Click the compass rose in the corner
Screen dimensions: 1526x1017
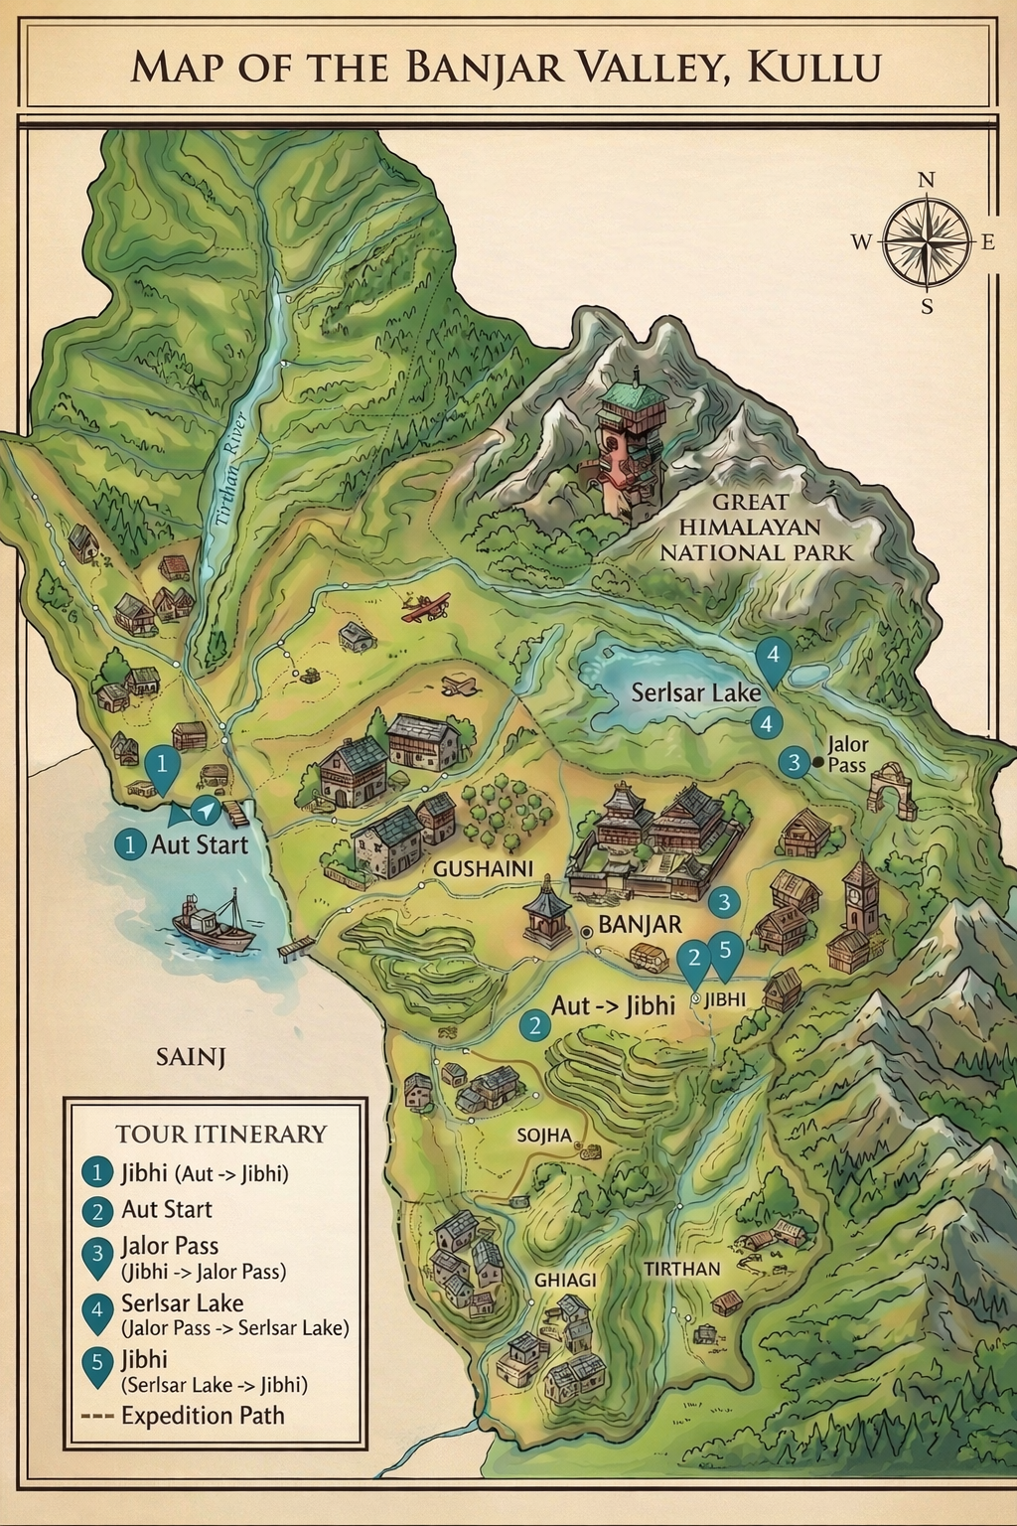tap(926, 241)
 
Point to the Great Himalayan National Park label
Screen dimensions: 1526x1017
tap(758, 528)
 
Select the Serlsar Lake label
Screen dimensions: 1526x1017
tap(696, 692)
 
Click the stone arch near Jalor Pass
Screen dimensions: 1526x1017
tap(891, 791)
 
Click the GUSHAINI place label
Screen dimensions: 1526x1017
tap(483, 868)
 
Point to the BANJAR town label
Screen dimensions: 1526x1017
tap(641, 925)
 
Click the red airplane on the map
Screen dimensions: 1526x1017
tap(426, 605)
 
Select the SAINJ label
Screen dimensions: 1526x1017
tap(191, 1057)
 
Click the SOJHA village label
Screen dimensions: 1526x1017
tap(543, 1135)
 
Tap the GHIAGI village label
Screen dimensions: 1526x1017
tap(565, 1280)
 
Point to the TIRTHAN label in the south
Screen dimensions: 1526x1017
tap(681, 1269)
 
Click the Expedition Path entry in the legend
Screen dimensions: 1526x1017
tap(202, 1416)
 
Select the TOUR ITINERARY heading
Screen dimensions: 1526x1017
tap(220, 1134)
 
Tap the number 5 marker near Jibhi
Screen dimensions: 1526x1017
tap(725, 951)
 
